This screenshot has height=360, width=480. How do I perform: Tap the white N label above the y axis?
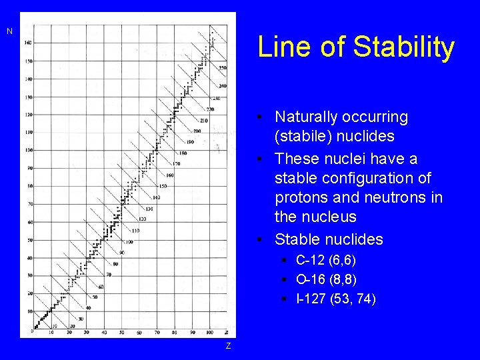pyautogui.click(x=9, y=31)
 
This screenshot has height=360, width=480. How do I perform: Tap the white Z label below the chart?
pyautogui.click(x=228, y=345)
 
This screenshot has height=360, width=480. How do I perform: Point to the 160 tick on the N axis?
pyautogui.click(x=28, y=43)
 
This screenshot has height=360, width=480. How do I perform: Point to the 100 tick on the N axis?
pyautogui.click(x=28, y=150)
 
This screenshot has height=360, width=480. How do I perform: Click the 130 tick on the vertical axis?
pyautogui.click(x=28, y=97)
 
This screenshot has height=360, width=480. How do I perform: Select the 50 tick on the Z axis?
pyautogui.click(x=122, y=332)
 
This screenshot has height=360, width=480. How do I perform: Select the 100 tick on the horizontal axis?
pyautogui.click(x=210, y=332)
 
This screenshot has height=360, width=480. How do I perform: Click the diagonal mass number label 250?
pyautogui.click(x=223, y=68)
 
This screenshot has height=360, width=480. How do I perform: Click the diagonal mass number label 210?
pyautogui.click(x=203, y=121)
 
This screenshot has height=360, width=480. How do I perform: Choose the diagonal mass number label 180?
pyautogui.click(x=183, y=153)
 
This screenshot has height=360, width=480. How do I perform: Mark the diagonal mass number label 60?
pyautogui.click(x=101, y=287)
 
